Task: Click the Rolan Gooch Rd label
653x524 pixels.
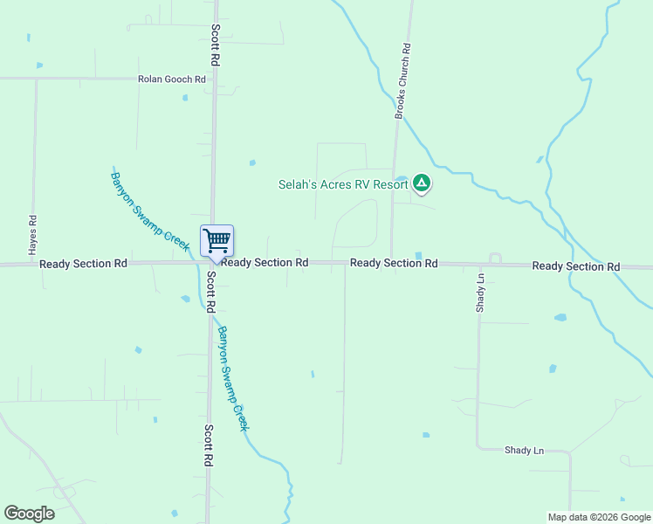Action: click(171, 79)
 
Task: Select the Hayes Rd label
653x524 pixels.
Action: click(32, 235)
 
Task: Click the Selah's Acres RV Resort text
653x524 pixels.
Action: click(343, 184)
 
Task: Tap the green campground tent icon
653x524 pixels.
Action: click(422, 183)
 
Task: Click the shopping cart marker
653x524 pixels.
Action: click(217, 241)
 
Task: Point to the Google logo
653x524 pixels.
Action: click(29, 513)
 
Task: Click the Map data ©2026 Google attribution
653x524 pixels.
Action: click(598, 517)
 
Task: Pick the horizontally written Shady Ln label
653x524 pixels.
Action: click(524, 451)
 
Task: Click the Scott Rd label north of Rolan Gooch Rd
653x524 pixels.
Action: click(214, 45)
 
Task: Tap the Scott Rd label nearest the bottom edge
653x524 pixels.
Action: click(209, 445)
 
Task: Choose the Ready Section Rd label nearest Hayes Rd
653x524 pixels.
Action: click(84, 263)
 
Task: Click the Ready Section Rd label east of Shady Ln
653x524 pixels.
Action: click(575, 265)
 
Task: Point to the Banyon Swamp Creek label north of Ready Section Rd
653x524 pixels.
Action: click(149, 210)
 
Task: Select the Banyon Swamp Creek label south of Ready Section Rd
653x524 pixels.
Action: click(233, 378)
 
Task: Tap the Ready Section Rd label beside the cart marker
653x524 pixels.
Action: click(265, 262)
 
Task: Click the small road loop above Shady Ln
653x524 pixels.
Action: click(495, 259)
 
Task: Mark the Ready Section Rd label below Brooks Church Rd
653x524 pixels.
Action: click(394, 263)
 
